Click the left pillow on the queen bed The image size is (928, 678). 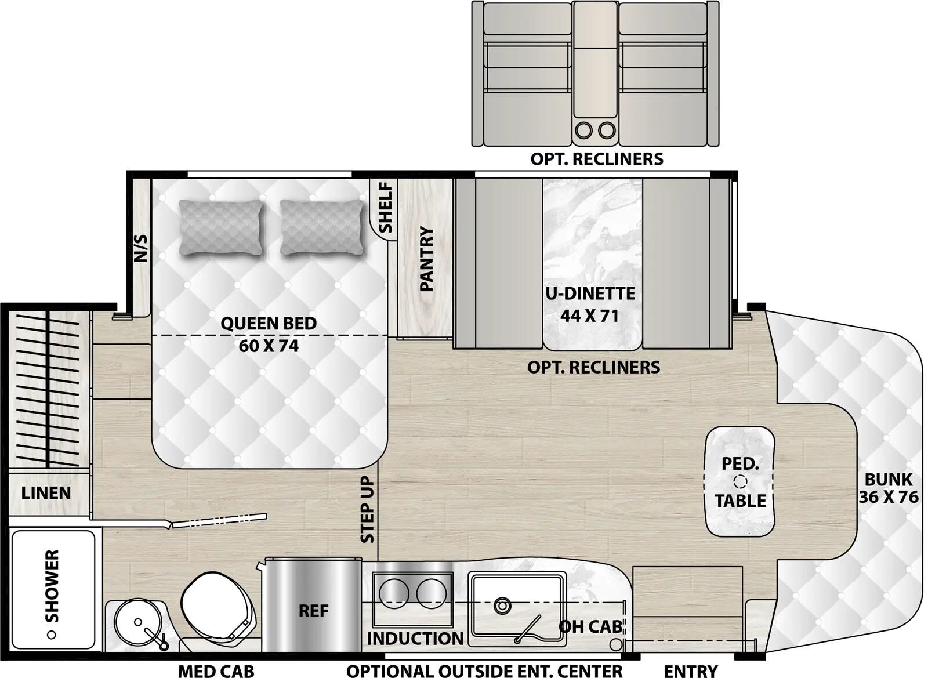tap(221, 227)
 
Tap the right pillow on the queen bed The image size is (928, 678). tap(322, 227)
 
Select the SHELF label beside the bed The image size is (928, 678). tap(385, 207)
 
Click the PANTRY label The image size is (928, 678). tap(426, 259)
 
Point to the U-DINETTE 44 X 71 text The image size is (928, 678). tap(590, 304)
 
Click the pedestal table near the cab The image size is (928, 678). tap(739, 481)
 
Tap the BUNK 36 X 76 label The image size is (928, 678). tap(888, 488)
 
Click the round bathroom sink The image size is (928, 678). tap(138, 623)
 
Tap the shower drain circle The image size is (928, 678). tap(51, 635)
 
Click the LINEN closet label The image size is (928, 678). tap(46, 494)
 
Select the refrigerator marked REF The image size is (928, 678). tap(313, 611)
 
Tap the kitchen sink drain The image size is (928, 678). tap(502, 606)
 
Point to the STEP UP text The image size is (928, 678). tap(367, 509)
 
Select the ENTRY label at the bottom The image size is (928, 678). tap(690, 671)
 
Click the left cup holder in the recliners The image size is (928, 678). tap(584, 130)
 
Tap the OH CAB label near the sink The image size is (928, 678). tap(590, 626)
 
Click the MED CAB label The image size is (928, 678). tap(216, 671)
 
